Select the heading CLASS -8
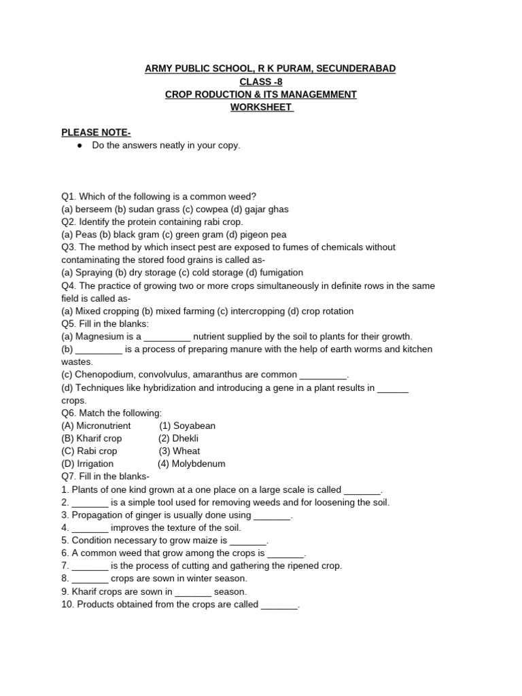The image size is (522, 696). point(261,82)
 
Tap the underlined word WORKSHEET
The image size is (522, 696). point(261,107)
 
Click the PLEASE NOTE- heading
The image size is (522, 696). point(96,133)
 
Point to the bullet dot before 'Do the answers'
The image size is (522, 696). point(80,145)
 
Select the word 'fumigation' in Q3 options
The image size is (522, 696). point(281,273)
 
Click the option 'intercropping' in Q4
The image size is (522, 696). point(259,311)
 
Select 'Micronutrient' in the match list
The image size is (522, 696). point(103,425)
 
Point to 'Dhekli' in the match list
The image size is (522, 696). point(186,438)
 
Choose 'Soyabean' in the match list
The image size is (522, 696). point(194,425)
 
